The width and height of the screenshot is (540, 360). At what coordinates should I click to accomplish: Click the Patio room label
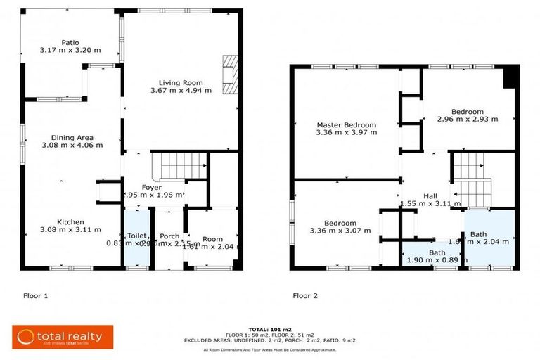(x=70, y=41)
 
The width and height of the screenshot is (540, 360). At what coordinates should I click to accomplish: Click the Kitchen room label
(x=72, y=220)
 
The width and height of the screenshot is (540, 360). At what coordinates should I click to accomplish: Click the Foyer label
(x=153, y=188)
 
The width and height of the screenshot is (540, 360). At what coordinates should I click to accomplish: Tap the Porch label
(x=169, y=236)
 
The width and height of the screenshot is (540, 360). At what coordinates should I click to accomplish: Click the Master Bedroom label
(x=346, y=124)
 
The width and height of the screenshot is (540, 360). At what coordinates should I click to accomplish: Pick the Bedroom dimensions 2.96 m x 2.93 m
(x=467, y=120)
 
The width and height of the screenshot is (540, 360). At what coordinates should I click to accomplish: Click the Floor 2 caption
(x=305, y=296)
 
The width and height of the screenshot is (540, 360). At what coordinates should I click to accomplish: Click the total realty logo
(x=58, y=337)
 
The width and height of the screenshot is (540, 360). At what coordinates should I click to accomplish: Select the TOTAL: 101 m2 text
(x=270, y=328)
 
